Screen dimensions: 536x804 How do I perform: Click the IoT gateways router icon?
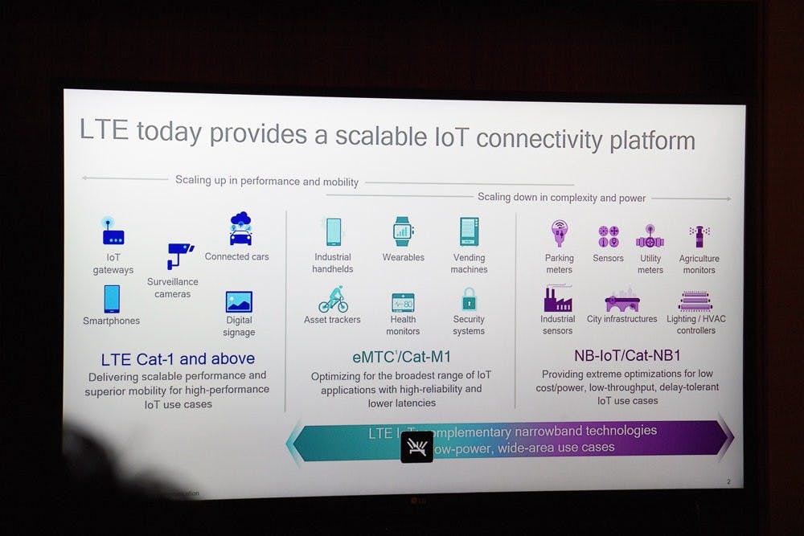[x=113, y=231]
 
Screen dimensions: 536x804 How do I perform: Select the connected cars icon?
[x=240, y=228]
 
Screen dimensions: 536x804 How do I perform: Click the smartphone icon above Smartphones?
[x=112, y=298]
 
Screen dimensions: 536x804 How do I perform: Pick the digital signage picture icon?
[x=239, y=302]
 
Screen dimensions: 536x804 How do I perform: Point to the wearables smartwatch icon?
[x=403, y=231]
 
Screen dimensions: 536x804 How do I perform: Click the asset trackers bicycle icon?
[x=333, y=300]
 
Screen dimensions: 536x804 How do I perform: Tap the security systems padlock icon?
[x=469, y=300]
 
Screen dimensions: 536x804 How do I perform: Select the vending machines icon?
[x=470, y=231]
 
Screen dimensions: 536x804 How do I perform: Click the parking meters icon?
[x=559, y=234]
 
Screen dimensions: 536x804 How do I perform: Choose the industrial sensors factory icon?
[x=558, y=299]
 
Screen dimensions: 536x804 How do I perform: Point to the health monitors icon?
[x=403, y=303]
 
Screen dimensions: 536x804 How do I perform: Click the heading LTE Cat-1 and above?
[x=178, y=358]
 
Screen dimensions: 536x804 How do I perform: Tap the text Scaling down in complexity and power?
[x=561, y=198]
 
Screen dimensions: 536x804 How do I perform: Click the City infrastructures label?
[x=622, y=319]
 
